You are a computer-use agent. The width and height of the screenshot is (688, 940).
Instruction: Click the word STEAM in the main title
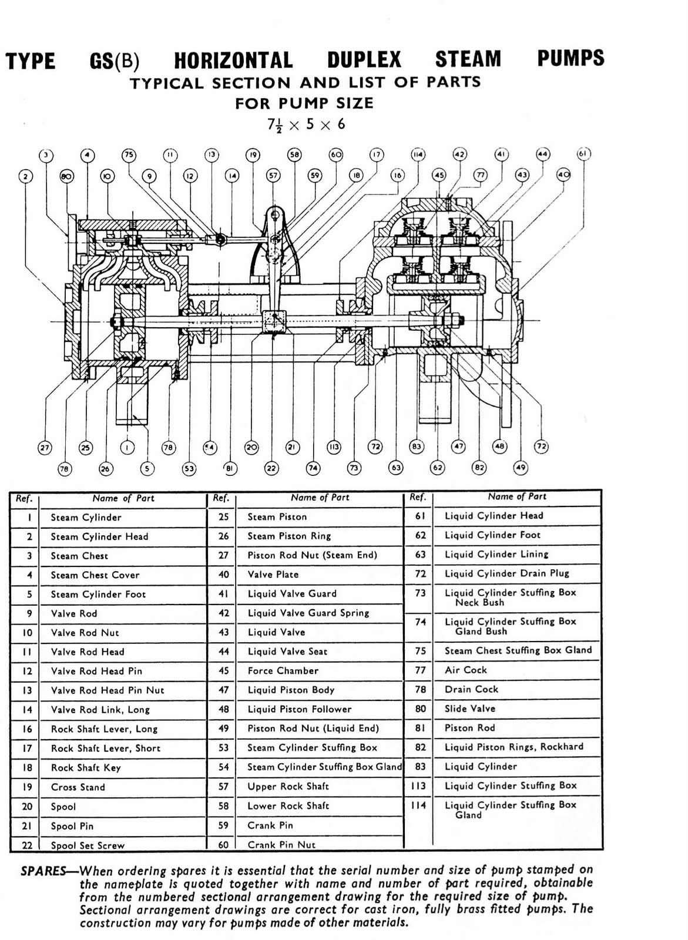tap(468, 59)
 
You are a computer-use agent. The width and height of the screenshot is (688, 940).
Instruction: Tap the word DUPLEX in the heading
tap(364, 60)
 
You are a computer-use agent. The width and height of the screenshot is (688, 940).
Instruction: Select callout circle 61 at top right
tap(583, 154)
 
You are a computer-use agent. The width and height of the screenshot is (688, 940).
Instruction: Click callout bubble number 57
tap(273, 175)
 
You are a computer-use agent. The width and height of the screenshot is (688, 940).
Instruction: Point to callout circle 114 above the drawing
tap(418, 155)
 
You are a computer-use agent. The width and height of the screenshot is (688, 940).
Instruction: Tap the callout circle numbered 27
tap(45, 448)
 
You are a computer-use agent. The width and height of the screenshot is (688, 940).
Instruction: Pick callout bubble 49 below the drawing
tap(521, 468)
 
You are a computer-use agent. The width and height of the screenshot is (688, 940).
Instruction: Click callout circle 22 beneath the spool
tap(271, 468)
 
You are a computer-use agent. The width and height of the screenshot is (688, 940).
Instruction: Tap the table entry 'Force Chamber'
tap(283, 671)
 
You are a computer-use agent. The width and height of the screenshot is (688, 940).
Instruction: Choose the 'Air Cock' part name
tap(465, 670)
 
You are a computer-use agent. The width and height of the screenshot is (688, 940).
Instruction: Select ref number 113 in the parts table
tap(418, 785)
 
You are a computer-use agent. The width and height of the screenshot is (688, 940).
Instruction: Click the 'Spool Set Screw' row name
tap(88, 845)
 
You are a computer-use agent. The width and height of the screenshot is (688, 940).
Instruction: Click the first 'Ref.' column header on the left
tap(24, 498)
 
